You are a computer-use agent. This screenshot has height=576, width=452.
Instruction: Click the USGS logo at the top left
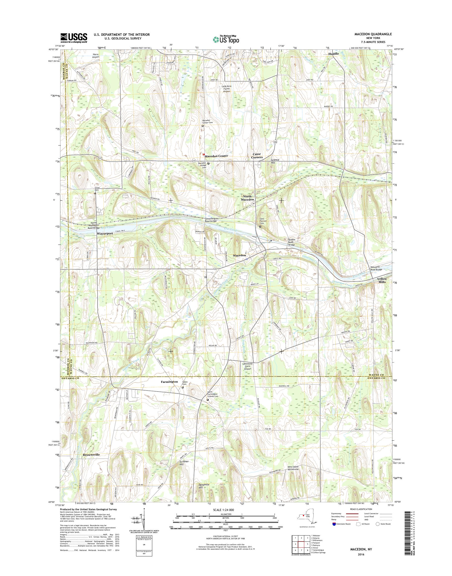[74, 38]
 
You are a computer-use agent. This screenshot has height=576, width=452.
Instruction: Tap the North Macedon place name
[247, 198]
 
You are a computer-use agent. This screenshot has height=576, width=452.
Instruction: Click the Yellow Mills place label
[382, 281]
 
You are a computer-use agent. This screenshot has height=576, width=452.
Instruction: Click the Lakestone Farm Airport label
[247, 366]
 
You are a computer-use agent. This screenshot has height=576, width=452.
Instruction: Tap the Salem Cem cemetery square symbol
[182, 388]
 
